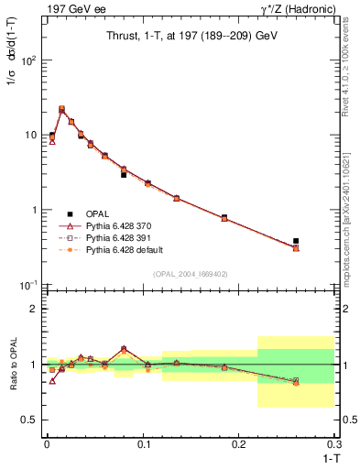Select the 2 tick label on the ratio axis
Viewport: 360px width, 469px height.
click(x=36, y=309)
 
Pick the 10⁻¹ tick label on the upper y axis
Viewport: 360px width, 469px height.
click(x=30, y=286)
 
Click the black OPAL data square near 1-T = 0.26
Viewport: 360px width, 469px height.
click(x=296, y=241)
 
